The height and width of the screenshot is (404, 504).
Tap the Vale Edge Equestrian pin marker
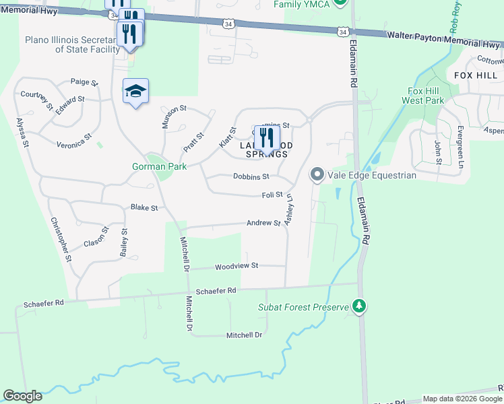pyautogui.click(x=317, y=175)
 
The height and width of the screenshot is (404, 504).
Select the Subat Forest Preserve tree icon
pyautogui.click(x=360, y=307)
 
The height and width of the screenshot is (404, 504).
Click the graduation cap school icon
pyautogui.click(x=135, y=92)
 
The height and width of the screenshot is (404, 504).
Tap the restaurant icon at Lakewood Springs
pyautogui.click(x=267, y=139)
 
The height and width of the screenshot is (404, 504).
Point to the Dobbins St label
pyautogui.click(x=251, y=176)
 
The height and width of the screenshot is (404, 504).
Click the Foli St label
pyautogui.click(x=272, y=195)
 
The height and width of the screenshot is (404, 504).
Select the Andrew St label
pyautogui.click(x=263, y=223)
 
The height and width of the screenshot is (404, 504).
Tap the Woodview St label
pyautogui.click(x=237, y=267)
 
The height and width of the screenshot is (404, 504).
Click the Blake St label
pyautogui.click(x=144, y=208)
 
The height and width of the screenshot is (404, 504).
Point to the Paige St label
pyautogui.click(x=85, y=82)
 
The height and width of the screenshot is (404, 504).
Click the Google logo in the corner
pyautogui.click(x=22, y=396)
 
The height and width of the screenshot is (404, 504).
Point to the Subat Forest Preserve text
pyautogui.click(x=303, y=307)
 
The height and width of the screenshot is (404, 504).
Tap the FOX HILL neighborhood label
pyautogui.click(x=475, y=75)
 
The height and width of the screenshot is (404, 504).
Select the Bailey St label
pyautogui.click(x=124, y=242)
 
